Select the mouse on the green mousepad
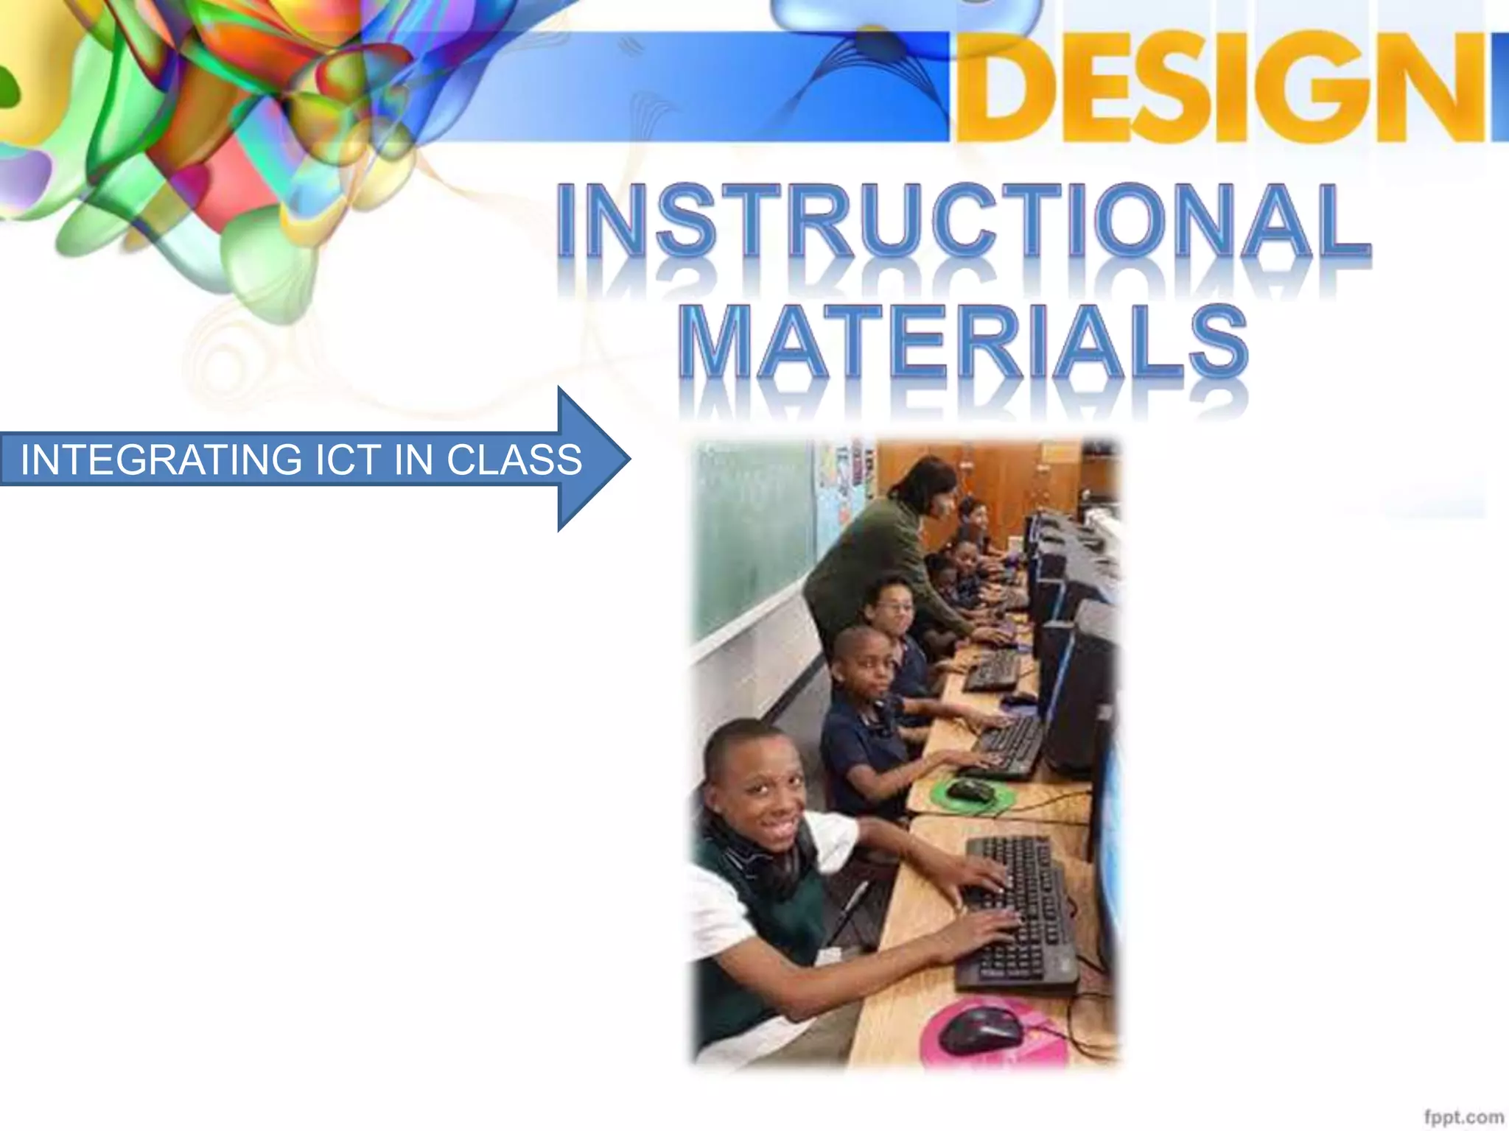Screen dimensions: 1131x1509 pos(970,792)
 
